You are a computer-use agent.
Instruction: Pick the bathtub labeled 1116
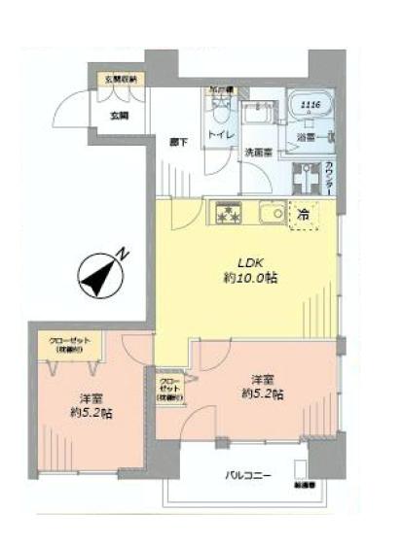(x=310, y=109)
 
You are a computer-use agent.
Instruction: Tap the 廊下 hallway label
(x=177, y=141)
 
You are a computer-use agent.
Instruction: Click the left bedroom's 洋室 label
(x=91, y=396)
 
